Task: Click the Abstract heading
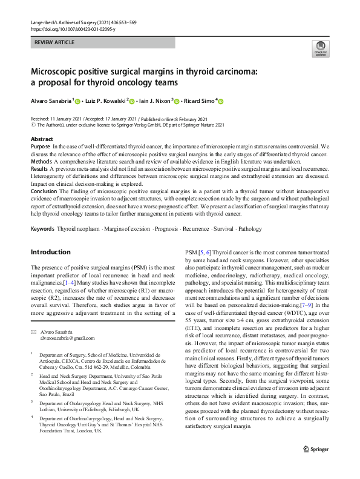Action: [x=42, y=139]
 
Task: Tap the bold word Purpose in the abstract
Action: [x=41, y=146]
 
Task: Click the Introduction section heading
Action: [x=50, y=251]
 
